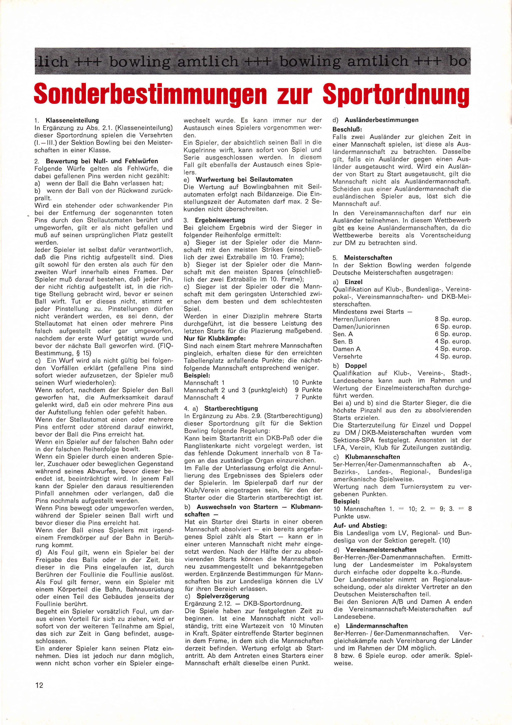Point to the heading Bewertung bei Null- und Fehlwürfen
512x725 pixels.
(102, 161)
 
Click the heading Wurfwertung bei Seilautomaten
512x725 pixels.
(244, 179)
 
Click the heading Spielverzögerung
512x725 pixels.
(223, 596)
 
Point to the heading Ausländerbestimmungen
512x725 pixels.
(382, 120)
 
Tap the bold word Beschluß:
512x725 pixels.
(347, 130)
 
